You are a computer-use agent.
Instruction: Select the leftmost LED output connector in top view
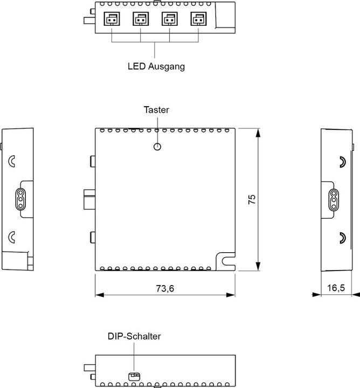point(112,20)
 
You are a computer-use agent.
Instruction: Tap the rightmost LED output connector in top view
point(198,20)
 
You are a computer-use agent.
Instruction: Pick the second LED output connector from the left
point(141,20)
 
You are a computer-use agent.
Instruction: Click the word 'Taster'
point(156,109)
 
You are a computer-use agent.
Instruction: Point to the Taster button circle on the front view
point(157,147)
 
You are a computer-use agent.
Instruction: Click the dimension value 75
point(252,199)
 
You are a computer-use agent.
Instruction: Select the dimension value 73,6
point(165,288)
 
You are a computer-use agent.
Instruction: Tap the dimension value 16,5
point(336,288)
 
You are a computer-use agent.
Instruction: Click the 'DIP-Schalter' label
point(134,336)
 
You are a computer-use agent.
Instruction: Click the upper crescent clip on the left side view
point(12,161)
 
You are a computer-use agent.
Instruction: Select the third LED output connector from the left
point(170,20)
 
